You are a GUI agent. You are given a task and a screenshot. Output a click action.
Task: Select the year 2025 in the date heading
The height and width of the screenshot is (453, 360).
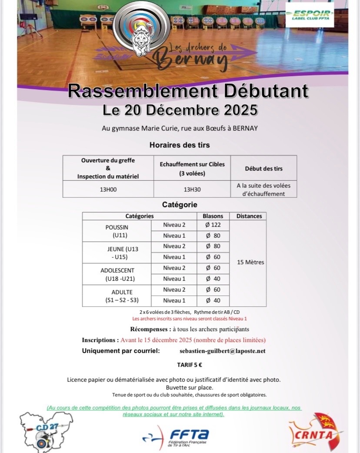tap(235, 110)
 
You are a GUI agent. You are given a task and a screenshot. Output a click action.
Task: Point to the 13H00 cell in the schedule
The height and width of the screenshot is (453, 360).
tap(108, 190)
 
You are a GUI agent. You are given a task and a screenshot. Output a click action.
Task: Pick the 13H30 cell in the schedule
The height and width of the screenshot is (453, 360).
tap(192, 190)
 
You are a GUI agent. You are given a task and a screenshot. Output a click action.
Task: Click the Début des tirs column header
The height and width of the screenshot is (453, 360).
tap(263, 168)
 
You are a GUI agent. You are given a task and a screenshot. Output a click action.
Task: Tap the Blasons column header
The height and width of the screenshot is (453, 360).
tap(213, 216)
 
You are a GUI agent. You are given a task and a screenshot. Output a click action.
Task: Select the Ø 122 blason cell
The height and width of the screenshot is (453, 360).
tap(213, 225)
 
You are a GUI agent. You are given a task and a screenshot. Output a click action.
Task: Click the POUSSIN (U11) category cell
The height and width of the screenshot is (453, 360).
tap(117, 231)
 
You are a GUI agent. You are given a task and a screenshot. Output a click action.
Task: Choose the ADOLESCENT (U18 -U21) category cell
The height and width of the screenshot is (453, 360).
tap(117, 274)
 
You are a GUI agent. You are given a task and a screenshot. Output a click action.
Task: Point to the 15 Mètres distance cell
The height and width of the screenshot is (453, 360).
tap(251, 262)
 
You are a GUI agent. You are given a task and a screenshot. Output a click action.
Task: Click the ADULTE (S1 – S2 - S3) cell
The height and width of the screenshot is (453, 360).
tap(117, 296)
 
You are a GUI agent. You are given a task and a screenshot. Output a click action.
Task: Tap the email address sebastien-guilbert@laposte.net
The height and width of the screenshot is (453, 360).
tap(222, 351)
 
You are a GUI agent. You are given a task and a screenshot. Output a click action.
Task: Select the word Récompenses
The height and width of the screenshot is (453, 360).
tap(149, 329)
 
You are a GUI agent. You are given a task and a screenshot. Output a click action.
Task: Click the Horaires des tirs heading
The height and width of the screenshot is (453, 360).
tap(180, 145)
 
